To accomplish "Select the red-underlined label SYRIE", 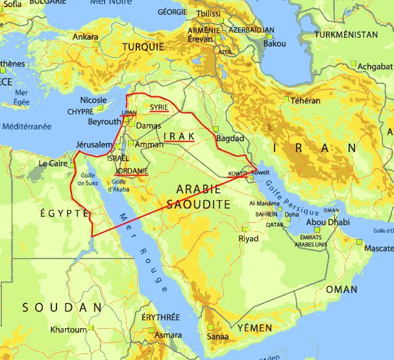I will tap(160, 107).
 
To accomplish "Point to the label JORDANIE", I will tap(132, 172).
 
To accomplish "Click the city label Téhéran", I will tap(306, 101).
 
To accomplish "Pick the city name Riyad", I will tap(248, 238).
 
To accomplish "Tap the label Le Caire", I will tap(55, 163).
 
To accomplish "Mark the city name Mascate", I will tap(378, 248).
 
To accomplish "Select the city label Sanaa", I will tap(217, 337).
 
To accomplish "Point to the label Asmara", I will tap(168, 335).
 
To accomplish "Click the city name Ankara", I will tap(85, 37).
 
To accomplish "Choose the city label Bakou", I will tap(276, 44).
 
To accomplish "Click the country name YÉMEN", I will tap(254, 328).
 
